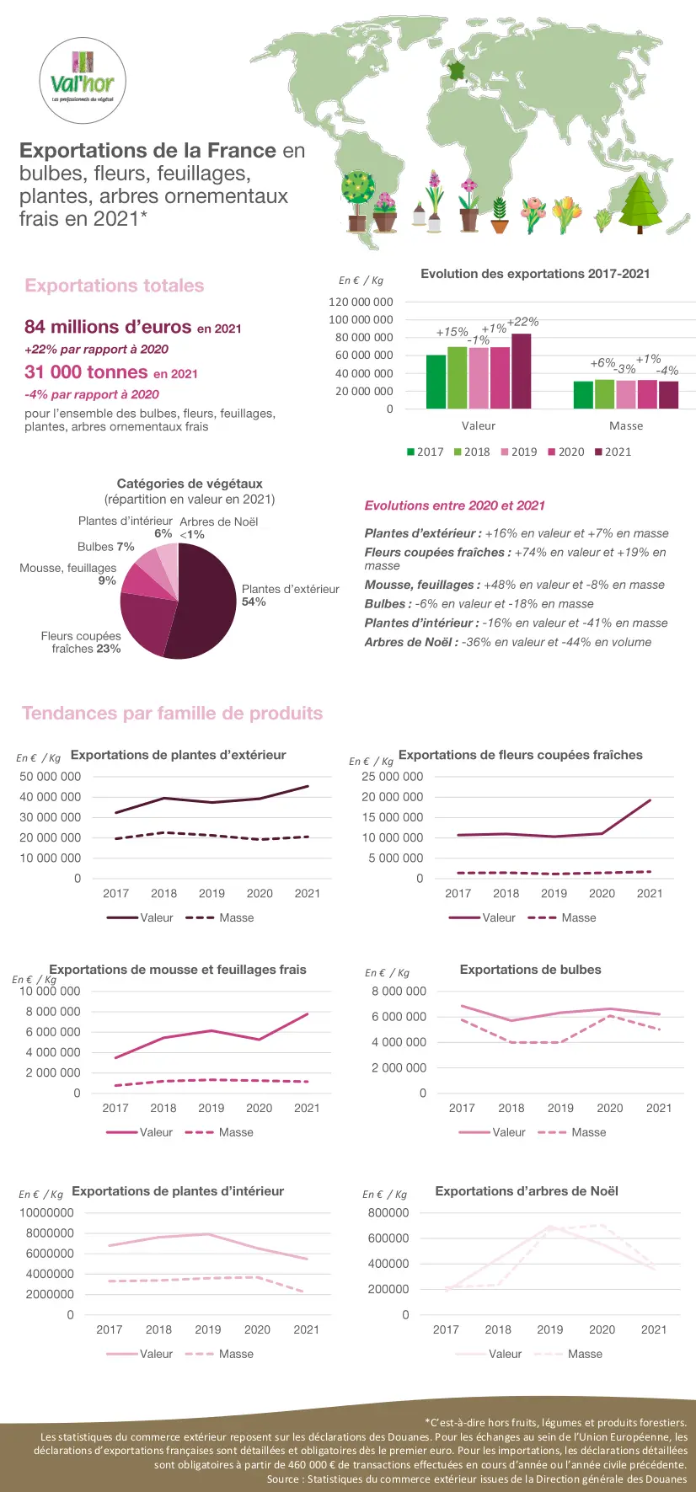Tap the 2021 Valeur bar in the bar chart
522,372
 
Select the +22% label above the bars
523,322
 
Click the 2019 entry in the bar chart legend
518,452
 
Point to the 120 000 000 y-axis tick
361,302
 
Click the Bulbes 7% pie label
106,547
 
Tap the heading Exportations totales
115,286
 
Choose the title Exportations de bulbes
530,970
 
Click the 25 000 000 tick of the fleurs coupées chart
392,777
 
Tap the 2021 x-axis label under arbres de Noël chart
654,1329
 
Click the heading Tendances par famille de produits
172,714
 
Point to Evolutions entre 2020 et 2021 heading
454,505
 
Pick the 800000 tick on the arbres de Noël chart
388,1213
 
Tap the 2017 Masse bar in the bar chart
583,395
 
